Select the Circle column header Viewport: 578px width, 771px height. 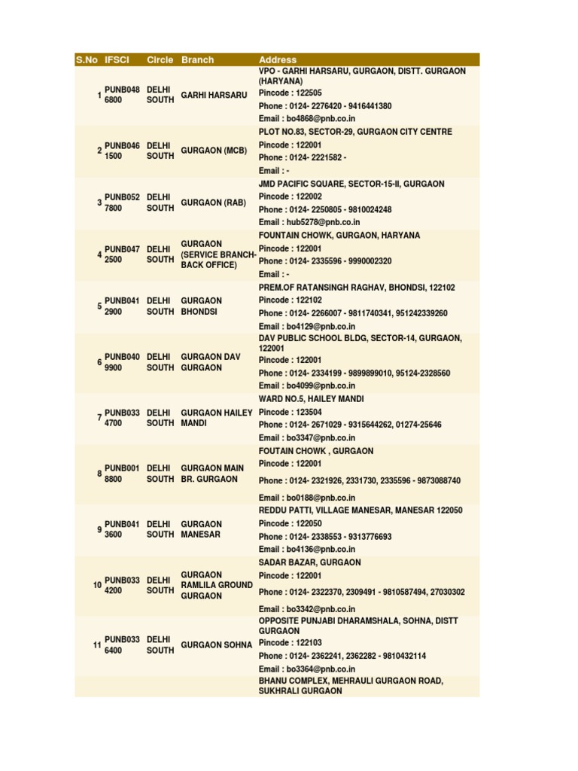pos(160,59)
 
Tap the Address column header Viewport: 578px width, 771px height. pos(278,59)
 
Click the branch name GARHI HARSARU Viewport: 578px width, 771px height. pos(214,95)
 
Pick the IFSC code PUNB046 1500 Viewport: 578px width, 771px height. pos(122,151)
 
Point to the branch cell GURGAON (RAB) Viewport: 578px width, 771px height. pos(214,203)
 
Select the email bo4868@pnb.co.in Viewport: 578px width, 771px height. pos(307,118)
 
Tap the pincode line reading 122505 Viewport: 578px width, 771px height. pos(291,93)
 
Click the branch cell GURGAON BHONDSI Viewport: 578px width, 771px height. pos(202,306)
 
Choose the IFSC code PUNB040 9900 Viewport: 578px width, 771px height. pos(122,362)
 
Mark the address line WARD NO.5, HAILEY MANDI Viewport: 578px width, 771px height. pos(312,399)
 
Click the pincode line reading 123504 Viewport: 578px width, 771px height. pos(291,412)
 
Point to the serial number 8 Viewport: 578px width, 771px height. pos(99,474)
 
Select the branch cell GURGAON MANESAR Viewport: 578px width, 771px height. pos(202,529)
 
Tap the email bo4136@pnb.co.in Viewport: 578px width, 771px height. pos(307,550)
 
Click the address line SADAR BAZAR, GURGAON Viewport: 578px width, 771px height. pos(310,562)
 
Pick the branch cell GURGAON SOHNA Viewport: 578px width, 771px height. pos(217,645)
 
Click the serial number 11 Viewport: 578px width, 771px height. pos(97,646)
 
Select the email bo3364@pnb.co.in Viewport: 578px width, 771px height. pos(307,669)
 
